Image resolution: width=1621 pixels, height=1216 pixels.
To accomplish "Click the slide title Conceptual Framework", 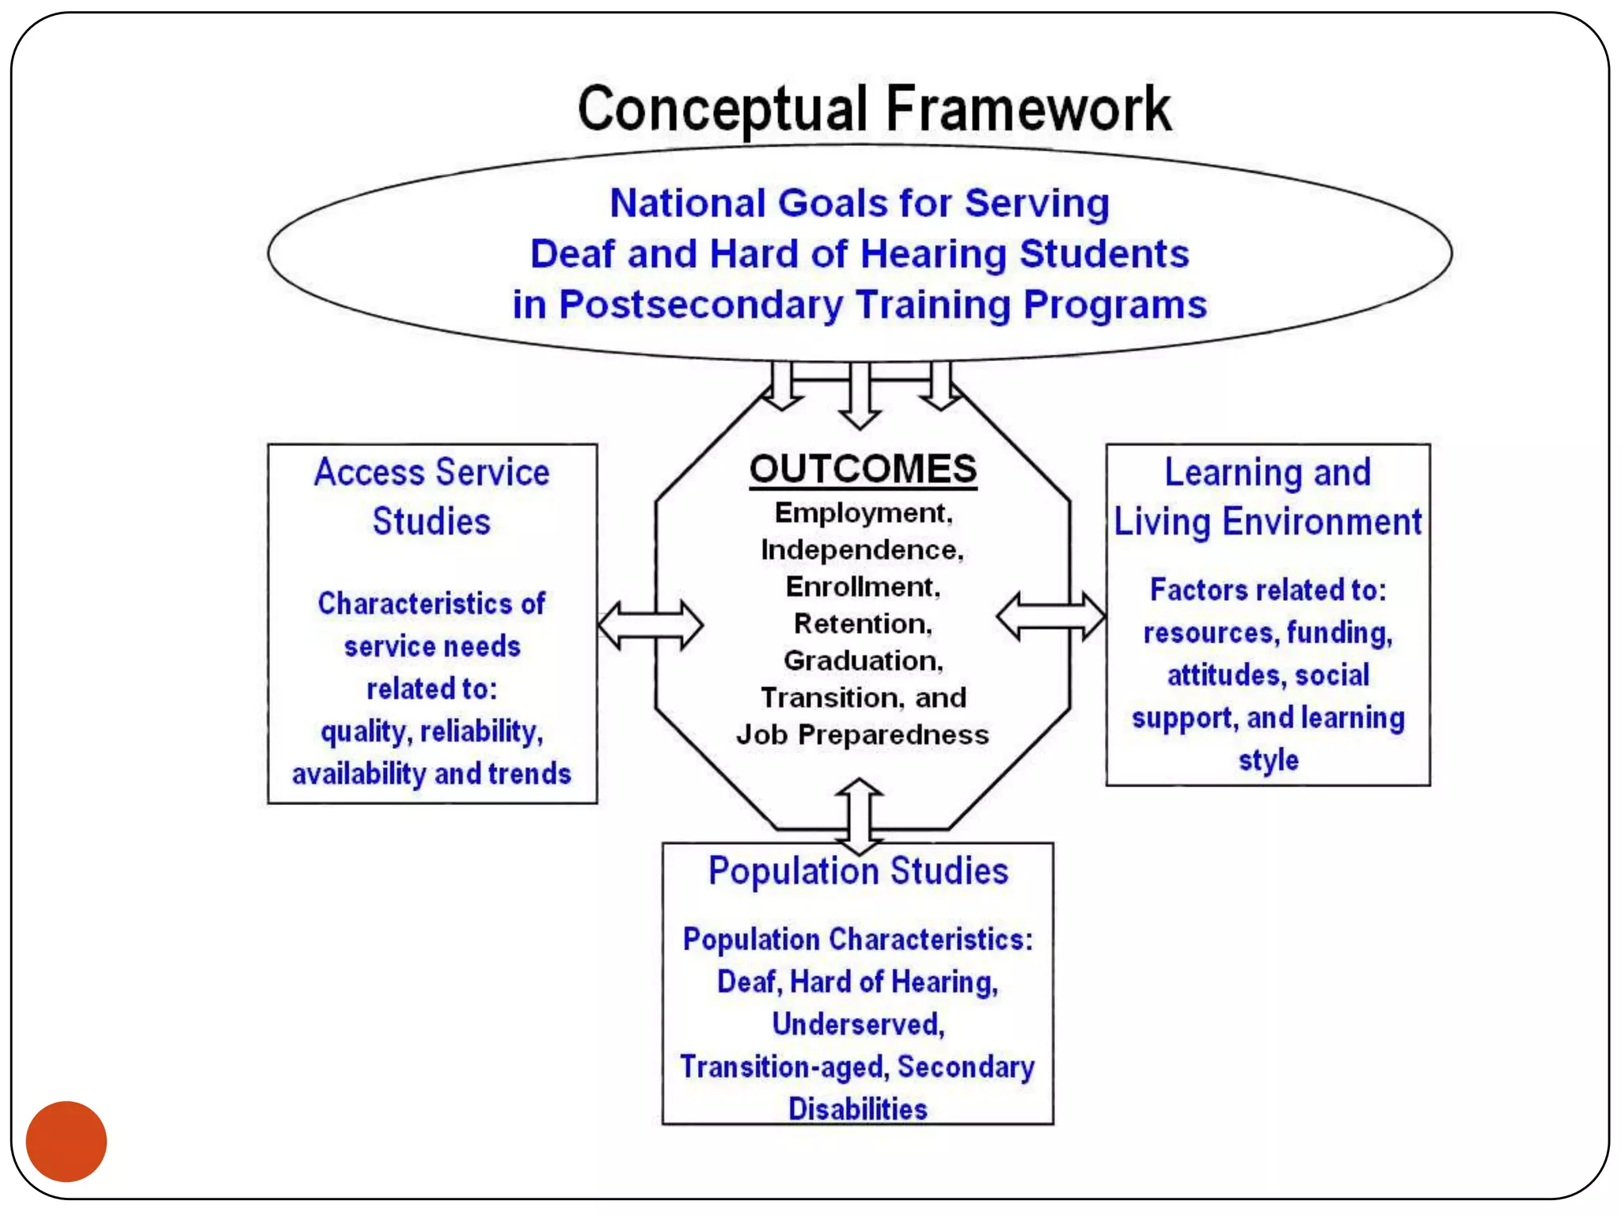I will tap(874, 109).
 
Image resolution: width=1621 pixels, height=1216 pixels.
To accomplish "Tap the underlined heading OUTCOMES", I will tap(863, 469).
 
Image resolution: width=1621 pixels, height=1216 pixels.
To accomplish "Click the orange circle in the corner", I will tap(66, 1141).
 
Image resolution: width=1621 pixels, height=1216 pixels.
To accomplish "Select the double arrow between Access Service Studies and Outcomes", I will tap(650, 625).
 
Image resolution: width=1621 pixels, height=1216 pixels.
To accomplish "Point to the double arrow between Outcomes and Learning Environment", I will tap(1050, 616).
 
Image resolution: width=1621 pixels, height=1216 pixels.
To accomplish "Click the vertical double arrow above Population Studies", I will tap(860, 811).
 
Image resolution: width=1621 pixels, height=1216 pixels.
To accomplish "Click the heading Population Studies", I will tap(858, 871).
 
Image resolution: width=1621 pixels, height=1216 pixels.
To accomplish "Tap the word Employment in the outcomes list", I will tap(862, 513).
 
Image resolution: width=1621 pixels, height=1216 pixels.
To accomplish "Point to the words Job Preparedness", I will tap(862, 735).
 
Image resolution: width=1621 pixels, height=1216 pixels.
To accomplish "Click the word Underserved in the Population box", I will tap(858, 1024).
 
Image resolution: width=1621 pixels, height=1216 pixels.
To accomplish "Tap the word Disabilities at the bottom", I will tap(858, 1108).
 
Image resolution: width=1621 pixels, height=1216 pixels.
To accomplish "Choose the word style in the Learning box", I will tap(1268, 760).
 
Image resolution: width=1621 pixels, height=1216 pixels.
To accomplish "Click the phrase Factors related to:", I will tap(1268, 590).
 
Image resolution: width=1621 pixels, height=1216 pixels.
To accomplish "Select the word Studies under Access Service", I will tap(431, 522).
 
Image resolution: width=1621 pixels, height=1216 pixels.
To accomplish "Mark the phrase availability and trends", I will tap(431, 773).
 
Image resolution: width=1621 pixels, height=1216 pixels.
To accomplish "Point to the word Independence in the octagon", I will tap(861, 549).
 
